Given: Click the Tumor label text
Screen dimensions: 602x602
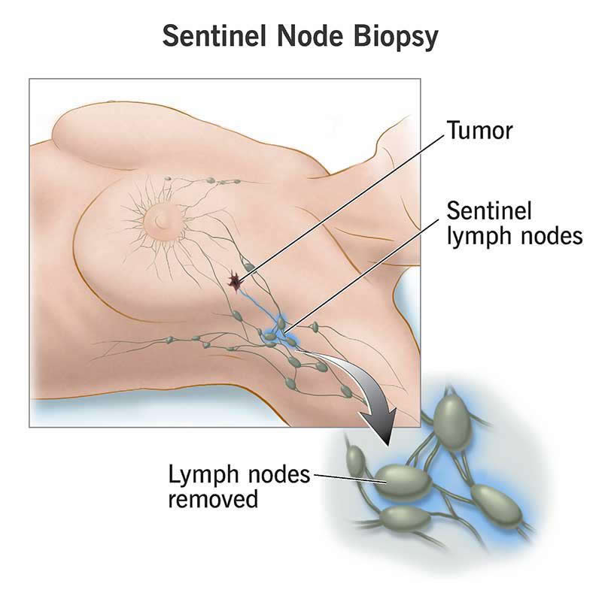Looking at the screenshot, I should pos(479,132).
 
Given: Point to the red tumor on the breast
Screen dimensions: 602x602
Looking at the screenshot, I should pos(236,282).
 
